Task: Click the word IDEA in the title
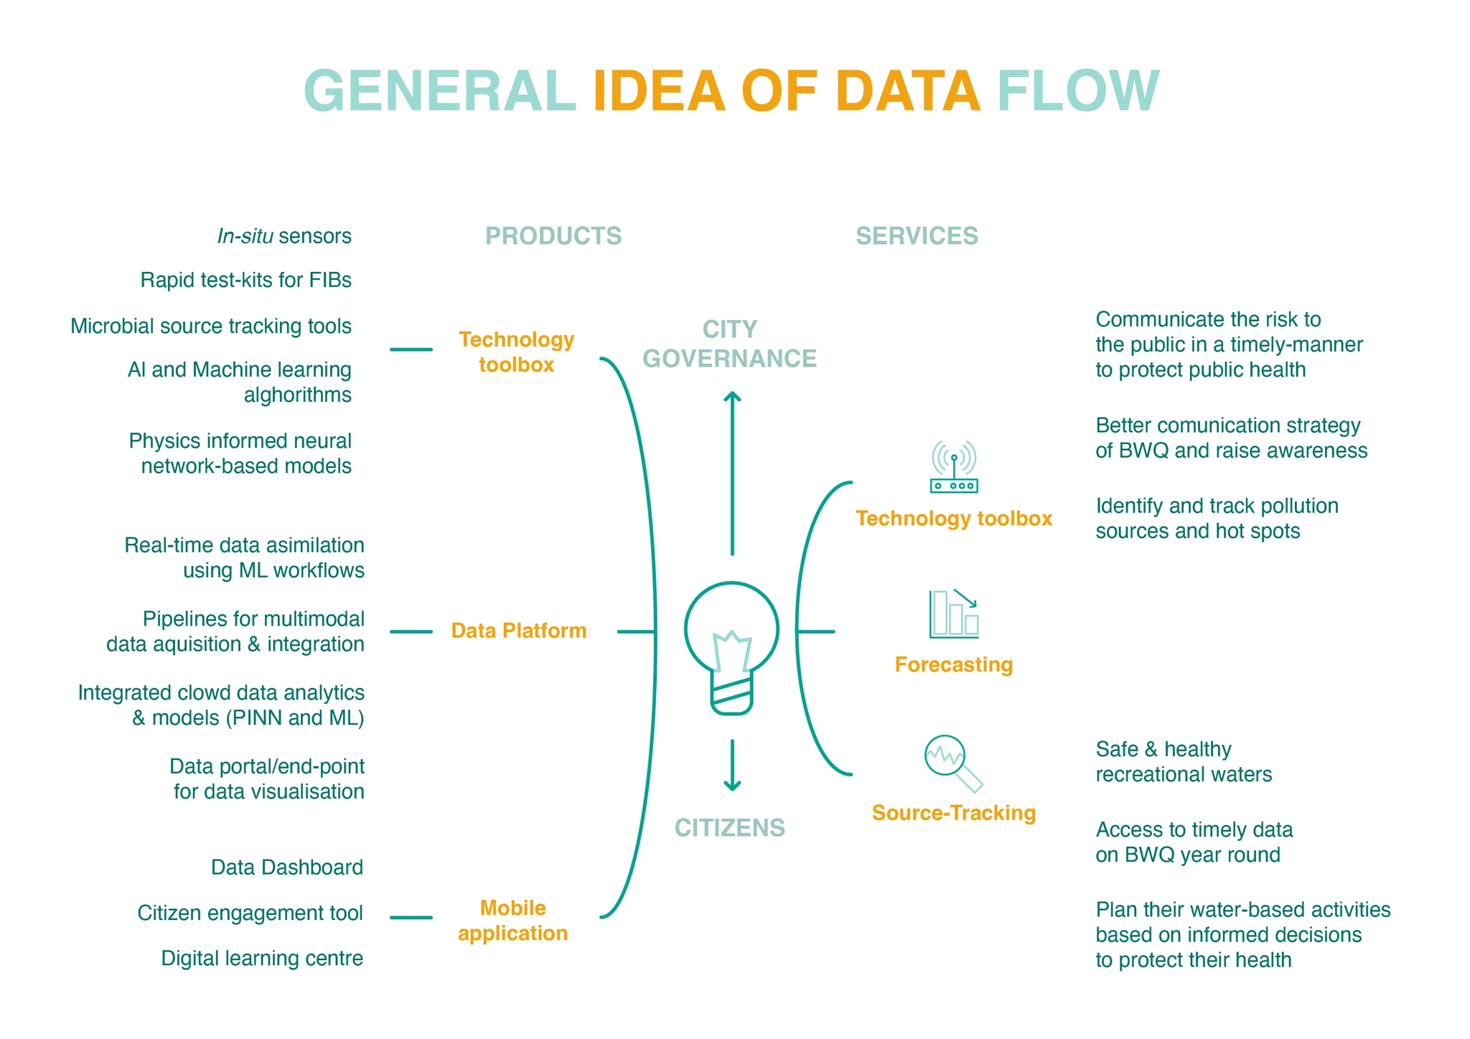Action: pos(658,91)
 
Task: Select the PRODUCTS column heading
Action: pos(553,236)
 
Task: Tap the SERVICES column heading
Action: pos(917,236)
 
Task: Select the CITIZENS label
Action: pos(730,828)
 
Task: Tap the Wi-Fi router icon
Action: pos(954,467)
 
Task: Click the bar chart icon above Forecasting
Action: pos(954,614)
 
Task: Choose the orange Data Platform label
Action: pos(519,631)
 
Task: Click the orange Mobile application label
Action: pos(513,921)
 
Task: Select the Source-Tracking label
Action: pos(954,813)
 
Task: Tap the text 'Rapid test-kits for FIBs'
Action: pos(245,280)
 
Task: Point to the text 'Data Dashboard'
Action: pos(287,868)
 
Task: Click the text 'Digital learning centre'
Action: pos(262,958)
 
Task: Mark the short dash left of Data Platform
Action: pos(411,632)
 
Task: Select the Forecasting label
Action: pos(954,664)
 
